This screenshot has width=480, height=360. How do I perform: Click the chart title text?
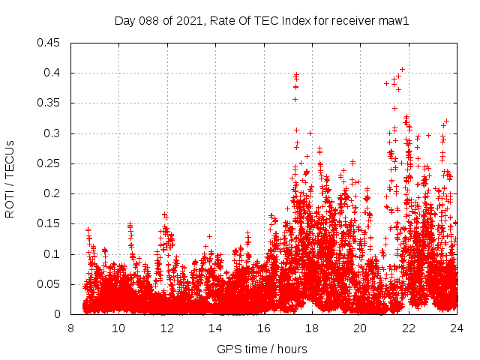coord(262,21)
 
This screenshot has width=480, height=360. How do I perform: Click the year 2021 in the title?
coord(186,21)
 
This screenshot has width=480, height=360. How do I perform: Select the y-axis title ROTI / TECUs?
coord(10,178)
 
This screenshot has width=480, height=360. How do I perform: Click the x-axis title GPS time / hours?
coord(262,349)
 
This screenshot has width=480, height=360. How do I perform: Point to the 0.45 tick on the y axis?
coord(50,43)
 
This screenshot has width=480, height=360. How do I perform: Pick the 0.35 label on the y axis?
coord(50,103)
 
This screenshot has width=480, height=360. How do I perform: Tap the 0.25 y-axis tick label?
coord(50,163)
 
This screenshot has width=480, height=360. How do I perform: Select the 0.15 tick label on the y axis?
coord(50,223)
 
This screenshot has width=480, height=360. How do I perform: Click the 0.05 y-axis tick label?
coord(50,284)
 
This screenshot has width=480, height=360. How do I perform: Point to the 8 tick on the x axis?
coord(70,328)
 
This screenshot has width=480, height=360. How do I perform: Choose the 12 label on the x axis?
coord(166,328)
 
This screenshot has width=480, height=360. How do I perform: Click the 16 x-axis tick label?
coord(263,328)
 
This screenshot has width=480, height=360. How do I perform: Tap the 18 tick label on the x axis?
coord(311,328)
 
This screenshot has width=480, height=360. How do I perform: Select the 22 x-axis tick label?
coord(408,328)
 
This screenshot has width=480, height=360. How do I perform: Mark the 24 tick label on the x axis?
coord(456,328)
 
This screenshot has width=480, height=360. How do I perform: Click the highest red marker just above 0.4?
coord(402,69)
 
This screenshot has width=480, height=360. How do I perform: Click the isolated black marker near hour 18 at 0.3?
coord(309,133)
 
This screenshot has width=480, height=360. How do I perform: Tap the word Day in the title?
coord(124,21)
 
